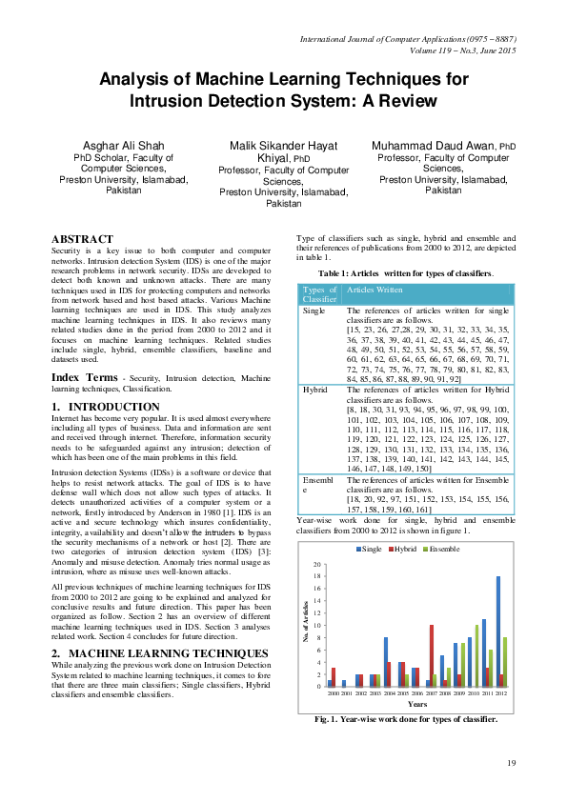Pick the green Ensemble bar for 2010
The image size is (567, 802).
pyautogui.click(x=476, y=656)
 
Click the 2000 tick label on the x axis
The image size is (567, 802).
pyautogui.click(x=333, y=694)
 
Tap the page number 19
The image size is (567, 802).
pyautogui.click(x=511, y=762)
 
